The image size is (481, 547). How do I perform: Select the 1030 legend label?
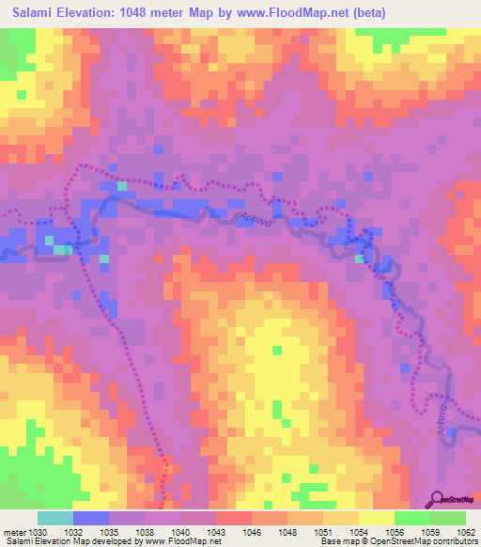pyautogui.click(x=36, y=531)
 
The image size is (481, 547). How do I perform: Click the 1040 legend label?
pyautogui.click(x=181, y=531)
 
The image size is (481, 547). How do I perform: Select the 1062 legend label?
pyautogui.click(x=466, y=531)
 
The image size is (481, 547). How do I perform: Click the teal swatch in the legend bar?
pyautogui.click(x=54, y=518)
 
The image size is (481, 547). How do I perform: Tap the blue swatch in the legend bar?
pyautogui.click(x=90, y=518)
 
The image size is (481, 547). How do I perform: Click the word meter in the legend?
pyautogui.click(x=12, y=531)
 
